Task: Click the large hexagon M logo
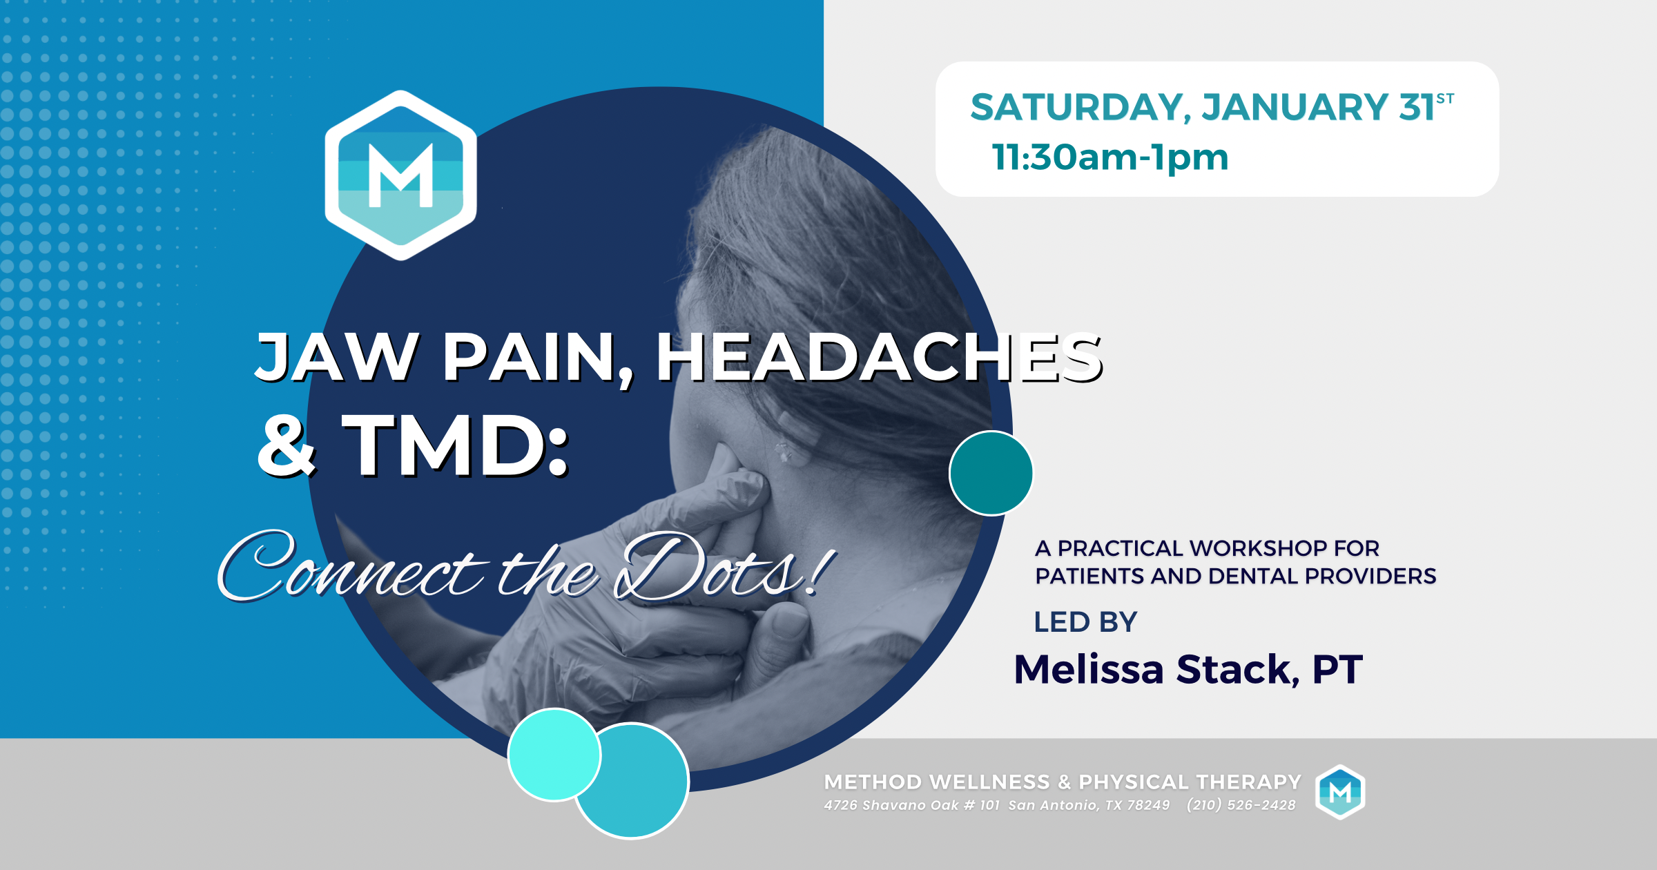click(x=401, y=175)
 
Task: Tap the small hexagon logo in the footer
click(x=1340, y=792)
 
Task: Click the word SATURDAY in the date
click(x=1076, y=108)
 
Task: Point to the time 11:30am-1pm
click(x=1110, y=157)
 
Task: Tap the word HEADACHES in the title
click(x=878, y=357)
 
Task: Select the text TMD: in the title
click(x=456, y=446)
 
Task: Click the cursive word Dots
click(x=711, y=568)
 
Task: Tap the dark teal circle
click(x=991, y=473)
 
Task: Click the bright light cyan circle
click(x=553, y=754)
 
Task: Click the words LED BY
click(x=1085, y=622)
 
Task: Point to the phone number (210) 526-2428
click(x=1241, y=805)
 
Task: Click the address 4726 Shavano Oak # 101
click(x=911, y=805)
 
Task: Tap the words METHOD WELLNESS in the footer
click(x=936, y=782)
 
